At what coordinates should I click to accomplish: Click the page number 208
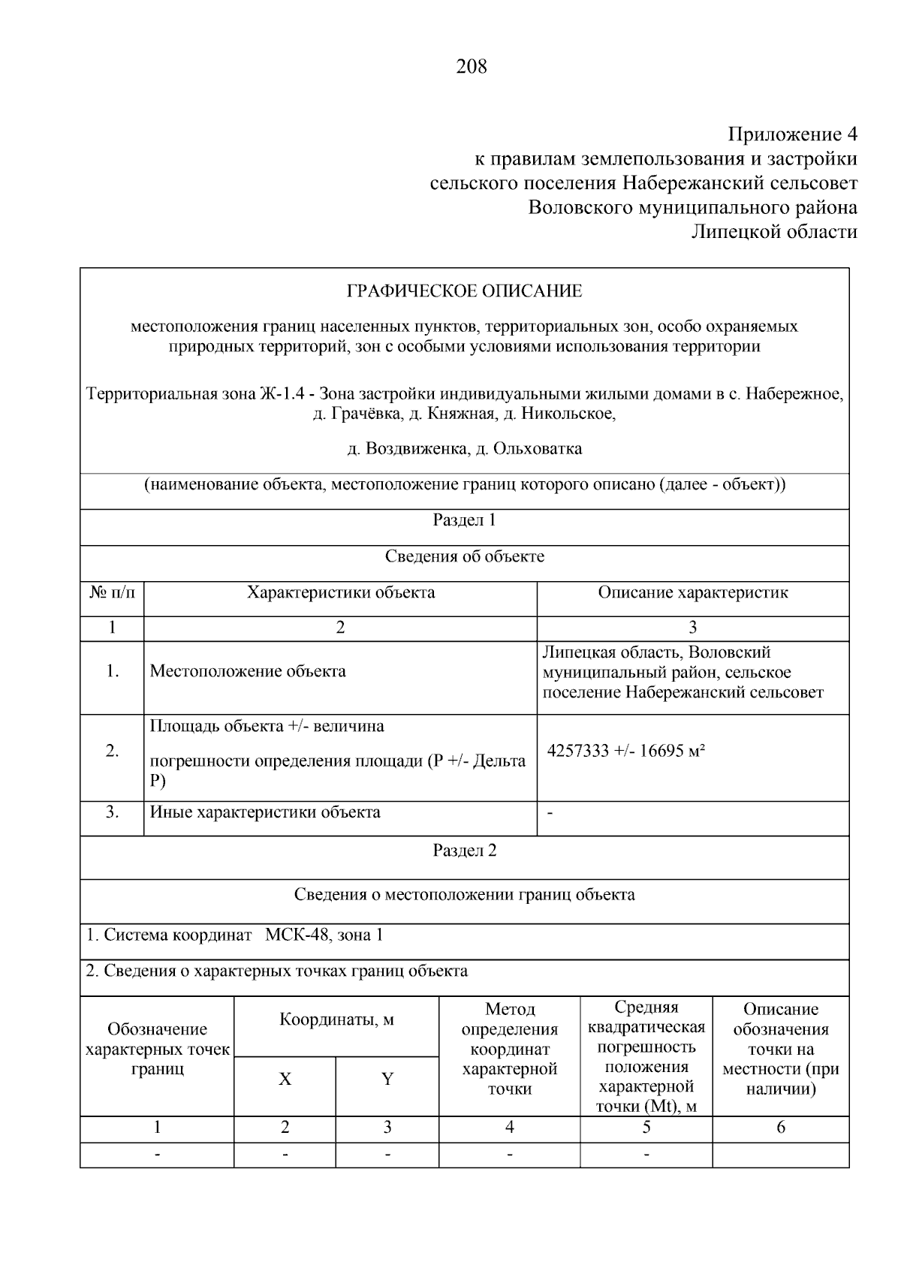pyautogui.click(x=471, y=67)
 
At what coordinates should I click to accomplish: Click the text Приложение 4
pyautogui.click(x=792, y=134)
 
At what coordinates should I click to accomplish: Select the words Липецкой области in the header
pyautogui.click(x=773, y=231)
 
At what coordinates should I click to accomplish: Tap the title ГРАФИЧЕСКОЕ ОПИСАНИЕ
pyautogui.click(x=464, y=291)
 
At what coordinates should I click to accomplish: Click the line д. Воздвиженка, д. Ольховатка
pyautogui.click(x=464, y=449)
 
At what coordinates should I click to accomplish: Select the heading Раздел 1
pyautogui.click(x=464, y=520)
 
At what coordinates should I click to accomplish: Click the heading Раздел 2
pyautogui.click(x=464, y=851)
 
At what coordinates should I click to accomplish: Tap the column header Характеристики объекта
pyautogui.click(x=341, y=592)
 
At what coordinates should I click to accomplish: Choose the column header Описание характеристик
pyautogui.click(x=692, y=592)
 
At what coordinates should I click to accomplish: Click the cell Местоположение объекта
pyautogui.click(x=248, y=671)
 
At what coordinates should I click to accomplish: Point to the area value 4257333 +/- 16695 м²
pyautogui.click(x=626, y=751)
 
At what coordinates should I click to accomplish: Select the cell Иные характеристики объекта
pyautogui.click(x=265, y=812)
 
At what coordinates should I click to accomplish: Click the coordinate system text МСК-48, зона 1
pyautogui.click(x=324, y=935)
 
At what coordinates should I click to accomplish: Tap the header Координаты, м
pyautogui.click(x=336, y=1020)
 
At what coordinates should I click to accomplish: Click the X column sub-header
pyautogui.click(x=285, y=1080)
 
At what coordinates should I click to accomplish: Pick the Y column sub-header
pyautogui.click(x=387, y=1080)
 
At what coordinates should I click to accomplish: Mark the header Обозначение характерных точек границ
pyautogui.click(x=157, y=1049)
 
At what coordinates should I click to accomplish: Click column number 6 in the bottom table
pyautogui.click(x=780, y=1127)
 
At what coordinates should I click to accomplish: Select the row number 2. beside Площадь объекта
pyautogui.click(x=112, y=751)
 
